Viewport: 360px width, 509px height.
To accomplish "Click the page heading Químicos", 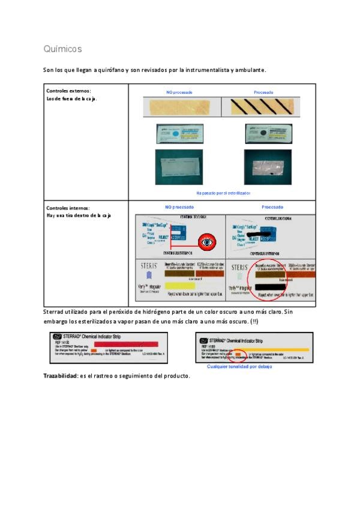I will point(62,49).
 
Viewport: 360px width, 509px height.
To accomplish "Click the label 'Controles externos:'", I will point(69,91).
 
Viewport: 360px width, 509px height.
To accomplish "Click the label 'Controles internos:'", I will point(68,208).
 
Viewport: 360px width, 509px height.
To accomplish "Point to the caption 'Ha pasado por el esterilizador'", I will point(223,193).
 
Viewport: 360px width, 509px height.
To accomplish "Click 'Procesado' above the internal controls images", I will point(272,207).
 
